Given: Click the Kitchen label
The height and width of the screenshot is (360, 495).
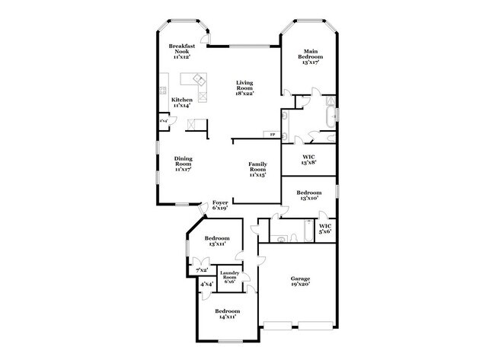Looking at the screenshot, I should click(x=180, y=102).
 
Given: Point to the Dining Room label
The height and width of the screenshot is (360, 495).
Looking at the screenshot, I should click(x=183, y=164).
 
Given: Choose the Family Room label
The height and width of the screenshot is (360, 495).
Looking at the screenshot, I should click(x=257, y=168).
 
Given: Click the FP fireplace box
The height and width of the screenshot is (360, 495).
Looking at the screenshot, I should click(x=271, y=135).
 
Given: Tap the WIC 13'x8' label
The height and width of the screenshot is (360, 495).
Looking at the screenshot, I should click(x=308, y=160).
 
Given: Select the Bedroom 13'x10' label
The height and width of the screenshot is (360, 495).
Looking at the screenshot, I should click(x=308, y=196).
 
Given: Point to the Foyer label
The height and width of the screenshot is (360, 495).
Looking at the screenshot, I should click(x=220, y=205).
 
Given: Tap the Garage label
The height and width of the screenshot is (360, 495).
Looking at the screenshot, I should click(x=299, y=282).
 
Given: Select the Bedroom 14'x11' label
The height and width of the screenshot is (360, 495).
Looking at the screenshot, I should click(x=226, y=314).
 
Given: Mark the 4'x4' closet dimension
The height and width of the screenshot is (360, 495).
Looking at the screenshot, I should click(x=206, y=285).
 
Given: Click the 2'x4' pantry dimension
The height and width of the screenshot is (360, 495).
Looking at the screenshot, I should click(x=163, y=120).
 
